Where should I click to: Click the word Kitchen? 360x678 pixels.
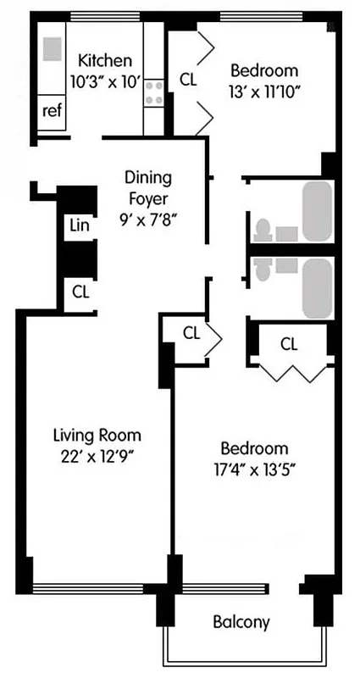click(x=105, y=60)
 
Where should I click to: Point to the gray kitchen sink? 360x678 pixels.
click(x=53, y=47)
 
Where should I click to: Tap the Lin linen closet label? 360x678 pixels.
click(x=80, y=225)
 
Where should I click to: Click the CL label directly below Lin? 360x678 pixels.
click(x=80, y=292)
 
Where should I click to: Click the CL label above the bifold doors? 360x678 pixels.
click(x=289, y=343)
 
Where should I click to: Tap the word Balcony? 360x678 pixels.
click(x=241, y=622)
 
